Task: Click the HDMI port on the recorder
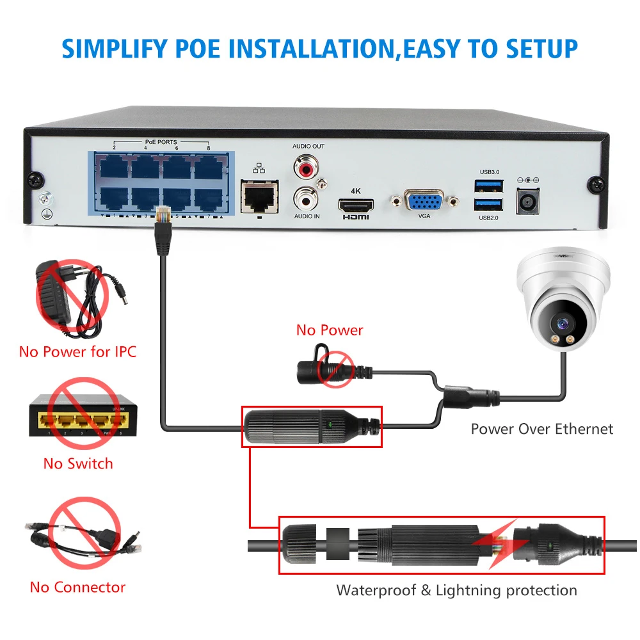(x=356, y=206)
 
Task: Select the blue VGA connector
(x=424, y=202)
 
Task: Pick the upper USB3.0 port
(x=488, y=186)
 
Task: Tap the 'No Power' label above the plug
(x=330, y=330)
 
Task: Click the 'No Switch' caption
(x=78, y=463)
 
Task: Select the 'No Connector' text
(x=78, y=587)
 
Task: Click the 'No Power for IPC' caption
(x=78, y=351)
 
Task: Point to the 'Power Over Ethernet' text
(x=542, y=429)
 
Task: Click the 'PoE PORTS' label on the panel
(x=161, y=142)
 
